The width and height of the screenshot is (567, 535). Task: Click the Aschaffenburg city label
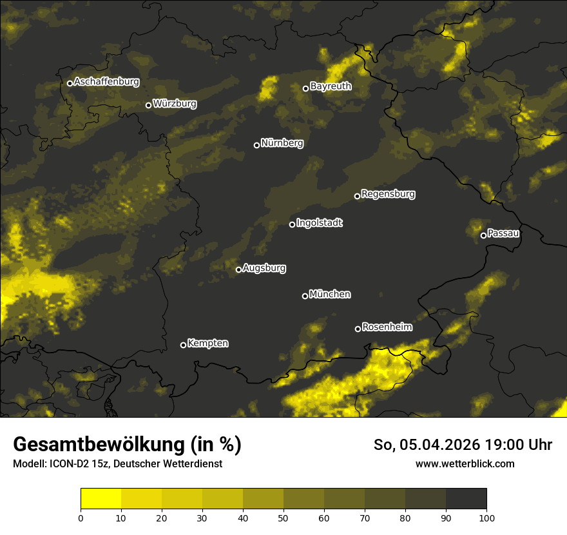click(x=106, y=82)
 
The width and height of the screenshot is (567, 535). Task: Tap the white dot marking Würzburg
click(x=148, y=105)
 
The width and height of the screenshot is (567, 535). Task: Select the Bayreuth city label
click(x=331, y=86)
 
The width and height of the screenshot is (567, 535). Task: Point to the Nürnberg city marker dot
click(x=256, y=145)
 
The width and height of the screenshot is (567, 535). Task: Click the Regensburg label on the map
click(x=388, y=193)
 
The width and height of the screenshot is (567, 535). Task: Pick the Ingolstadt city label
click(x=320, y=223)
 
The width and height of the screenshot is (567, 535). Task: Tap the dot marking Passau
click(x=483, y=235)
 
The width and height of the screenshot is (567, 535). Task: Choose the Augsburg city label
click(x=264, y=267)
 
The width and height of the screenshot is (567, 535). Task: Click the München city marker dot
click(x=305, y=296)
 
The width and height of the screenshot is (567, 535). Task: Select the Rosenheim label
click(x=387, y=327)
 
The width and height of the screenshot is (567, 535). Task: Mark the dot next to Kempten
click(x=183, y=345)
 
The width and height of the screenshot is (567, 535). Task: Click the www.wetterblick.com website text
click(x=465, y=463)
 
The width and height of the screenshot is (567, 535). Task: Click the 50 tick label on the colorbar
click(x=283, y=518)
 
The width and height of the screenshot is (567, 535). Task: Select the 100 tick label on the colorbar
click(x=486, y=518)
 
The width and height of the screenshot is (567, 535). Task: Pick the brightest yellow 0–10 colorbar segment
click(x=101, y=498)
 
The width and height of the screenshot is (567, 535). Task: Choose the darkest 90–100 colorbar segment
click(x=466, y=498)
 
